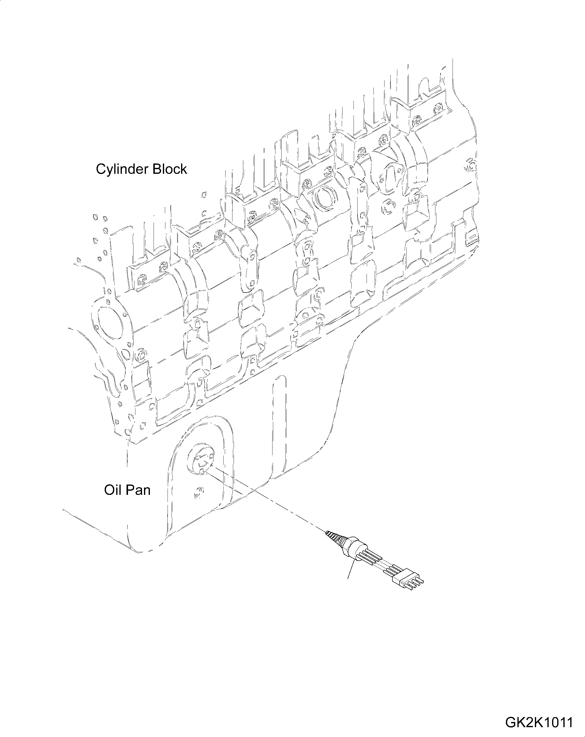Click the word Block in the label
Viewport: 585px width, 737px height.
170,169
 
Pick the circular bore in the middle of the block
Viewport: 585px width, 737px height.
325,198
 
